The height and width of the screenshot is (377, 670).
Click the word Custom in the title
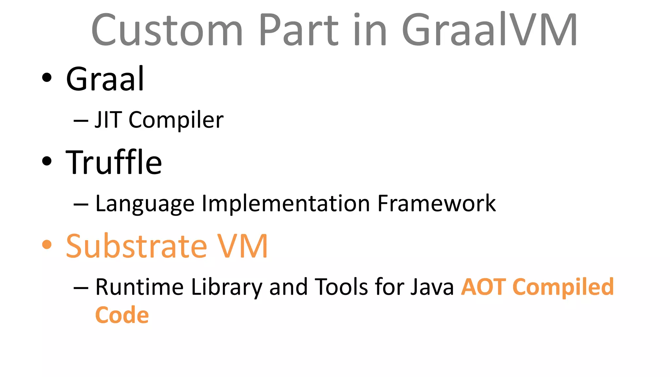(x=167, y=30)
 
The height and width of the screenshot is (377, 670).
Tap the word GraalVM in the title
(x=489, y=30)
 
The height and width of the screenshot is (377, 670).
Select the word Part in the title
(x=298, y=30)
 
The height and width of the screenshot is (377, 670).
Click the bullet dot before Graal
(x=47, y=78)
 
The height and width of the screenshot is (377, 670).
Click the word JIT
(x=108, y=120)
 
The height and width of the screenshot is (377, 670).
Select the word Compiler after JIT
(x=176, y=120)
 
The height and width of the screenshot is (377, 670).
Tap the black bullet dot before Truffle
(x=47, y=161)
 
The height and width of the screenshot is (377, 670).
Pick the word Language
(x=145, y=204)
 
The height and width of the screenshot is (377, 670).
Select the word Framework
(x=436, y=203)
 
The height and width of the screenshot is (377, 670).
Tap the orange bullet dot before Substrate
(x=47, y=245)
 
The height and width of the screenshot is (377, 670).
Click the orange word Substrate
(x=136, y=246)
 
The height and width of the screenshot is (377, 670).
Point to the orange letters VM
(x=243, y=246)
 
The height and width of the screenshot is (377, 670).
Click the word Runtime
(x=139, y=287)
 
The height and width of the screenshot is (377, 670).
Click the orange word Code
(x=122, y=315)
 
